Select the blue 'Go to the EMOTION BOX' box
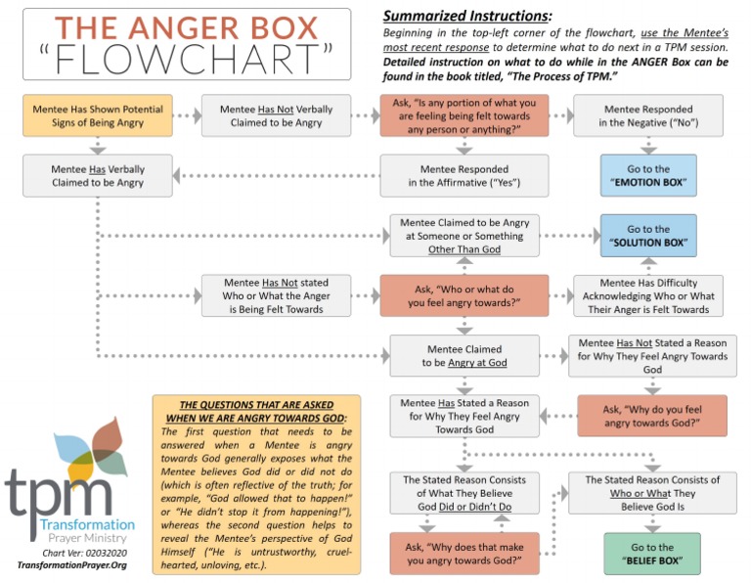pyautogui.click(x=649, y=175)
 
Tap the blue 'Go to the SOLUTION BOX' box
pyautogui.click(x=649, y=236)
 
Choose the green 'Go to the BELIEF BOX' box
pyautogui.click(x=652, y=554)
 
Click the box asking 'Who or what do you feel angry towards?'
pyautogui.click(x=464, y=294)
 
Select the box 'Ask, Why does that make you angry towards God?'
pyautogui.click(x=464, y=554)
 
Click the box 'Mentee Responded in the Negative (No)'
pyautogui.click(x=649, y=115)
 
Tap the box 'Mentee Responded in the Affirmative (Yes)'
pyautogui.click(x=464, y=175)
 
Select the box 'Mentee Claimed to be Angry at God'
pyautogui.click(x=464, y=356)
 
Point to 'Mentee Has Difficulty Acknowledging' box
pyautogui.click(x=649, y=294)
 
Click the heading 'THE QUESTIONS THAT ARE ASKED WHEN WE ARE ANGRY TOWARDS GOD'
pyautogui.click(x=256, y=411)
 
